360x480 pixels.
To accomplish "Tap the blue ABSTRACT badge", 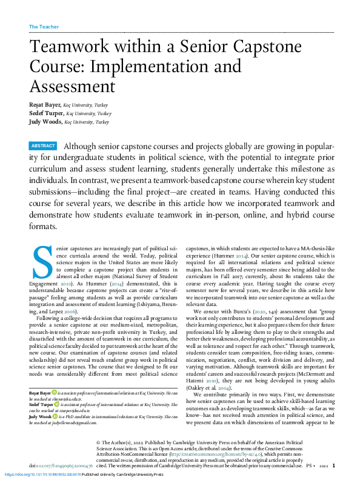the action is pos(43,145).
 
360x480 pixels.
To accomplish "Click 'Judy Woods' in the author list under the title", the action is pos(45,121).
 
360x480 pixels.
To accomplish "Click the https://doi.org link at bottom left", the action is pos(42,474).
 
